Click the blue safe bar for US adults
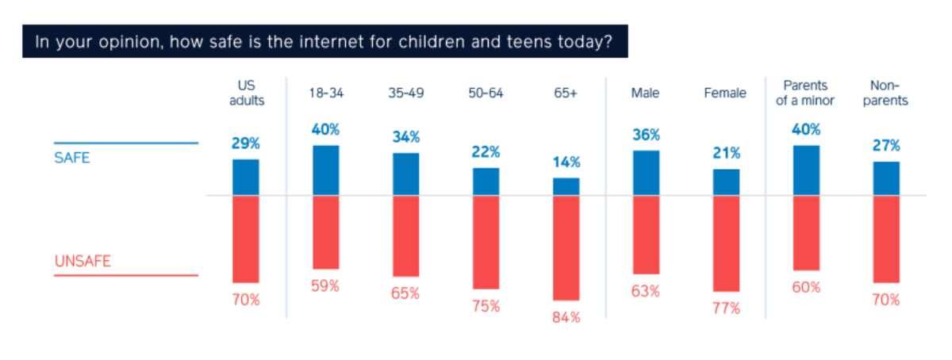tap(246, 178)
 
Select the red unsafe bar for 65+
tap(566, 247)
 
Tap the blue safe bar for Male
tap(646, 173)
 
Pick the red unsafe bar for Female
tap(727, 243)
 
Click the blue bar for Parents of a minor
tap(806, 170)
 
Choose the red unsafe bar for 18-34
tap(326, 232)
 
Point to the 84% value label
tap(566, 317)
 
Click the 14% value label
tap(566, 162)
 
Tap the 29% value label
tap(246, 144)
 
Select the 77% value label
tap(727, 308)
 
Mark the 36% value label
tap(646, 135)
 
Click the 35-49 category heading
tap(406, 93)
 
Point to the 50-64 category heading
tap(486, 93)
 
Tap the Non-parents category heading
tap(885, 93)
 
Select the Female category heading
tap(725, 93)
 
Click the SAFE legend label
tap(72, 158)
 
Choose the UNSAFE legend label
tap(83, 261)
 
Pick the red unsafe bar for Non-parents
tap(886, 239)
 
